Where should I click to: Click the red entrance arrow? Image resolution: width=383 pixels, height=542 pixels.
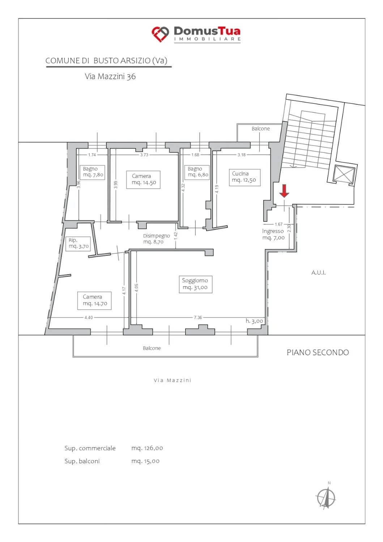click(x=284, y=191)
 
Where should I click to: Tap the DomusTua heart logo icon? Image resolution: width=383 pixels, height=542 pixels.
click(x=160, y=34)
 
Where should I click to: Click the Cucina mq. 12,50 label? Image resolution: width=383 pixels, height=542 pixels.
click(x=244, y=177)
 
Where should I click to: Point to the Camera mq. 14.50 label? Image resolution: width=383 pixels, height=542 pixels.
click(x=143, y=180)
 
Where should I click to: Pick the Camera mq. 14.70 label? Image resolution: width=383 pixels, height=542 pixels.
click(x=94, y=300)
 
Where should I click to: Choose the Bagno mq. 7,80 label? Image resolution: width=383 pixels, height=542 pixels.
click(x=92, y=172)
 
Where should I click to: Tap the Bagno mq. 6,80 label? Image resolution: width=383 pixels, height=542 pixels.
click(x=197, y=172)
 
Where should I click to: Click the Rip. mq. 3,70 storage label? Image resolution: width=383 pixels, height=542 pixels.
click(x=78, y=244)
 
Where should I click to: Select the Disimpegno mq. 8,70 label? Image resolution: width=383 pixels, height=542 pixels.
click(x=157, y=238)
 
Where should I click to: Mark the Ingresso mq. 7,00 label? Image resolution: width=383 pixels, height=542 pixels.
click(x=273, y=235)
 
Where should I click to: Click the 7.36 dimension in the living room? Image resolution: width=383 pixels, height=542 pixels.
click(x=198, y=318)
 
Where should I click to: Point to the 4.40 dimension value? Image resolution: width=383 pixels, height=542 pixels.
click(x=88, y=318)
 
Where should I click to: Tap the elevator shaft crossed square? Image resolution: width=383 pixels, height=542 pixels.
click(x=344, y=174)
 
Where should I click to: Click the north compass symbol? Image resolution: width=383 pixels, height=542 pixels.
click(x=326, y=498)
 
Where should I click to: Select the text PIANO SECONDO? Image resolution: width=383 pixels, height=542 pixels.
click(x=318, y=353)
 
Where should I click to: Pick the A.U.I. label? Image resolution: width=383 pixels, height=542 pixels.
click(x=318, y=273)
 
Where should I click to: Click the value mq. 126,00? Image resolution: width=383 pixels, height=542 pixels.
click(x=147, y=448)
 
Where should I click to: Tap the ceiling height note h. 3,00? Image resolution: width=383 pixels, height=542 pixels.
click(x=254, y=321)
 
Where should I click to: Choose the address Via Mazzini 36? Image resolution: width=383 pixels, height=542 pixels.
click(x=110, y=77)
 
